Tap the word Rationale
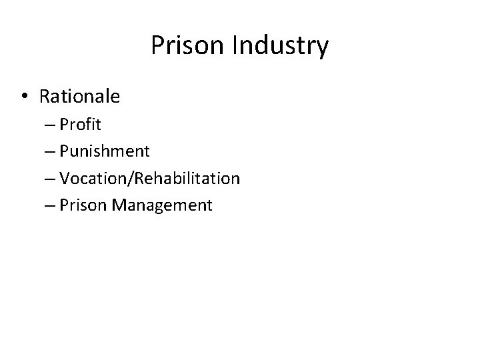pos(80,97)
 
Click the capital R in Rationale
pos(45,97)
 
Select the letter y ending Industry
pos(322,49)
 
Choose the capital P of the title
pos(157,45)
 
